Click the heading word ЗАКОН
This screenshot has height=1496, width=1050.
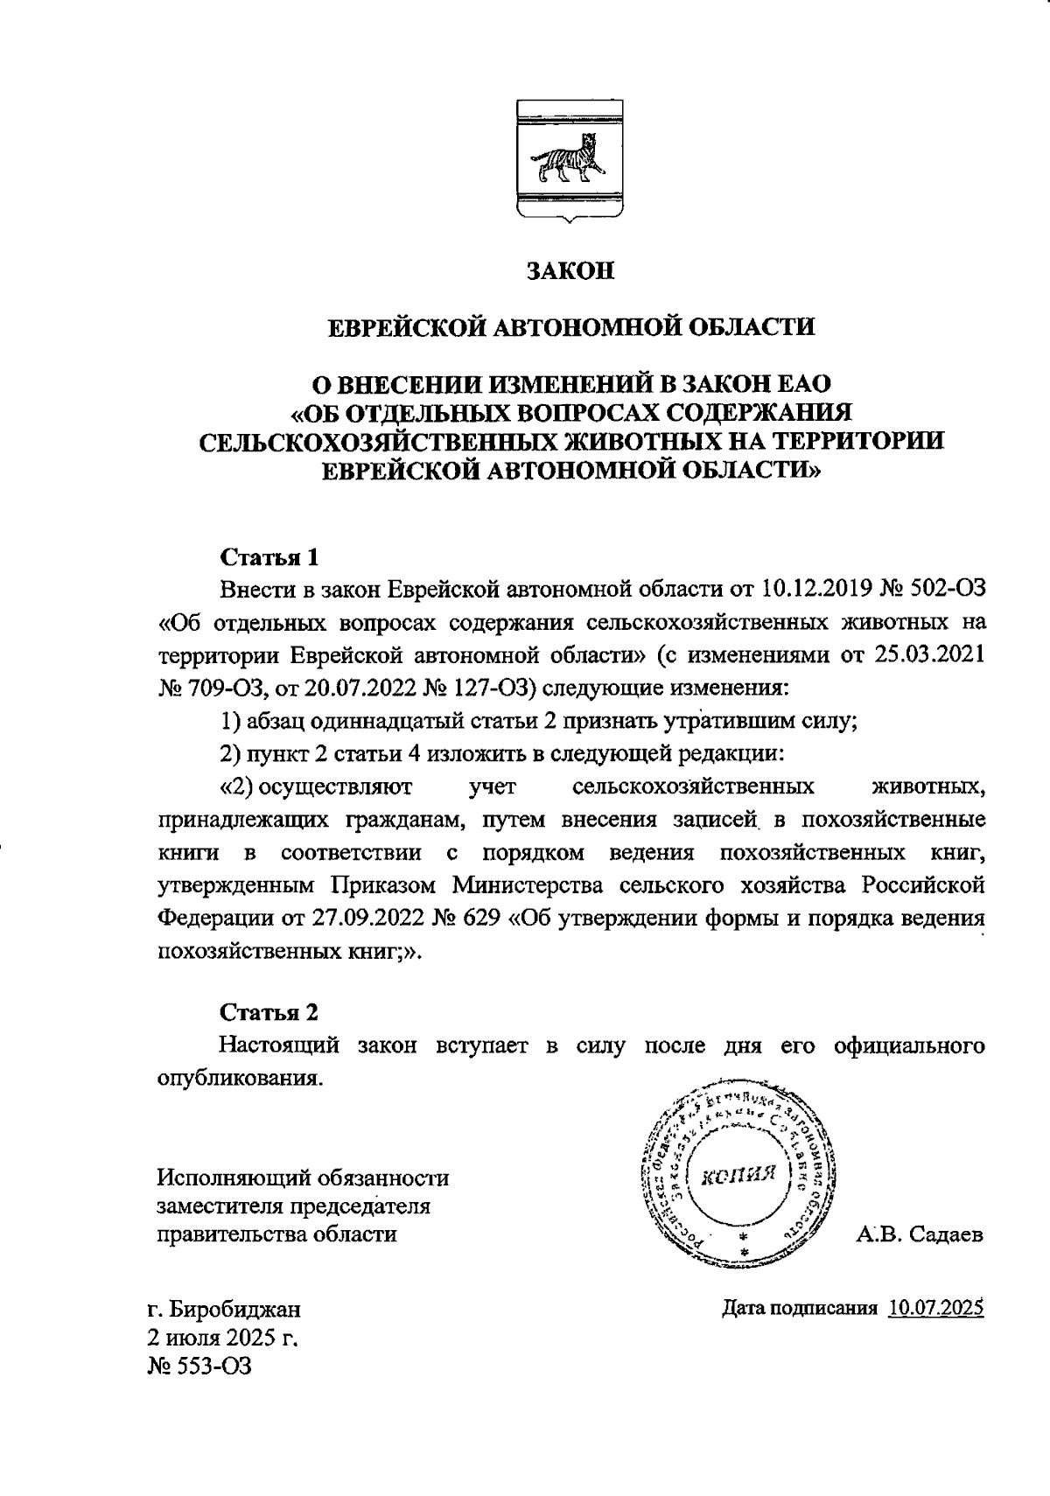pyautogui.click(x=570, y=271)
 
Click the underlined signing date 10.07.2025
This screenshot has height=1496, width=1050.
pyautogui.click(x=936, y=1309)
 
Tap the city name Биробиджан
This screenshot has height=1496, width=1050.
pyautogui.click(x=235, y=1310)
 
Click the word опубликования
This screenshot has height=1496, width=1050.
pyautogui.click(x=234, y=1077)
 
